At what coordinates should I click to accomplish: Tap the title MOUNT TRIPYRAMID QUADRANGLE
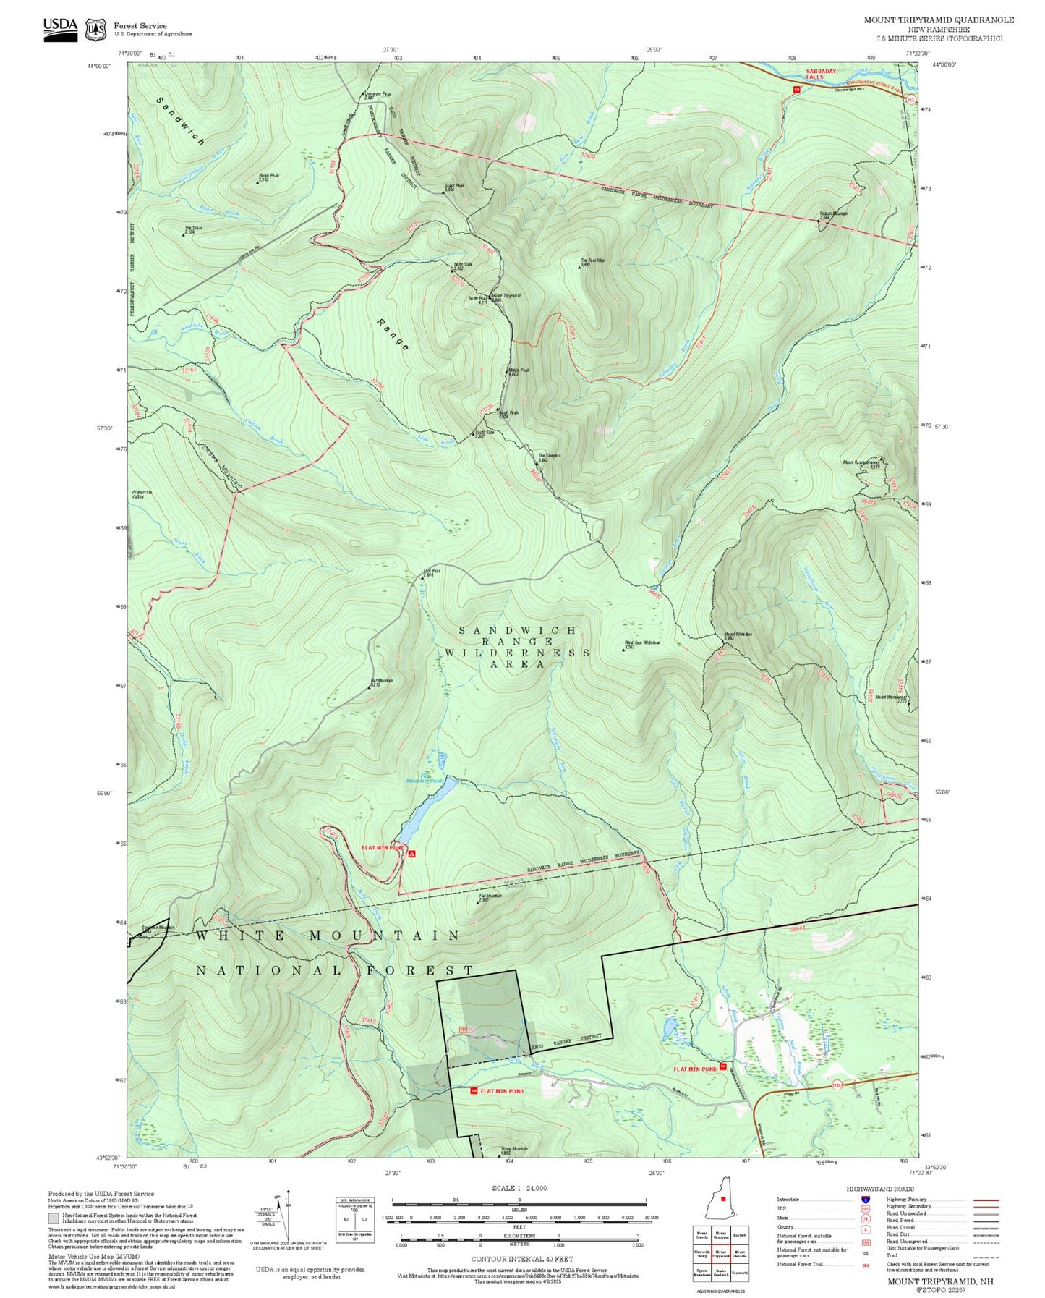tap(938, 20)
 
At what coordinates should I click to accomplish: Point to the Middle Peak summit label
tap(519, 372)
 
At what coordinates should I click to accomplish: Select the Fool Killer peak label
tap(592, 262)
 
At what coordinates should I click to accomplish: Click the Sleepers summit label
tap(549, 458)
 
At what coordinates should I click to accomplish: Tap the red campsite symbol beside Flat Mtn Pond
tap(412, 854)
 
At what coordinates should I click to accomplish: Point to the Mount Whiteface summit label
tap(737, 636)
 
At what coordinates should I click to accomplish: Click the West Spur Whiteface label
tap(641, 644)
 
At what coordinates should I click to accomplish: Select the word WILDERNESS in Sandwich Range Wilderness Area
tap(517, 653)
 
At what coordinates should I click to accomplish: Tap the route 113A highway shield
tap(837, 1085)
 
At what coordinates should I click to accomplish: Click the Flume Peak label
tap(268, 177)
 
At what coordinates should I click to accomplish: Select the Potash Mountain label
tap(833, 215)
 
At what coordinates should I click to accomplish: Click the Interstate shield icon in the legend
tap(866, 1200)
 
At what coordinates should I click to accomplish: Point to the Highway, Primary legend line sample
tap(986, 1200)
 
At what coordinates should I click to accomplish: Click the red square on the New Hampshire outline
tap(722, 1199)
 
